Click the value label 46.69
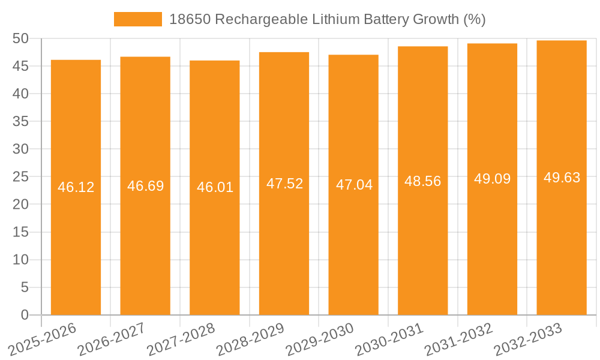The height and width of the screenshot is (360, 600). click(x=145, y=186)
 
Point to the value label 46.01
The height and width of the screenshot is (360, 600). click(x=215, y=187)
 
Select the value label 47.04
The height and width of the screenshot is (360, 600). click(x=354, y=185)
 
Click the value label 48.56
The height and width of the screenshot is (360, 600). click(x=423, y=181)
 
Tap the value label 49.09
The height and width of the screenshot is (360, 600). click(x=492, y=179)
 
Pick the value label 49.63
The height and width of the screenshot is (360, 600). click(x=562, y=178)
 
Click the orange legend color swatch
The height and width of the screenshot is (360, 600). click(x=138, y=19)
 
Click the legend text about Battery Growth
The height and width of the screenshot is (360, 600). click(x=327, y=19)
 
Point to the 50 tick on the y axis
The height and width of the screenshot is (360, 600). click(x=20, y=38)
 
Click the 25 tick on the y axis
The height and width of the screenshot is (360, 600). click(x=20, y=177)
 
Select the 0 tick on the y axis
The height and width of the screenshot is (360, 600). click(x=25, y=315)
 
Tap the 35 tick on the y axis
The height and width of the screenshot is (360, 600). click(x=20, y=121)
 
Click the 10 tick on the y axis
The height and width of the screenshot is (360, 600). click(x=20, y=260)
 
